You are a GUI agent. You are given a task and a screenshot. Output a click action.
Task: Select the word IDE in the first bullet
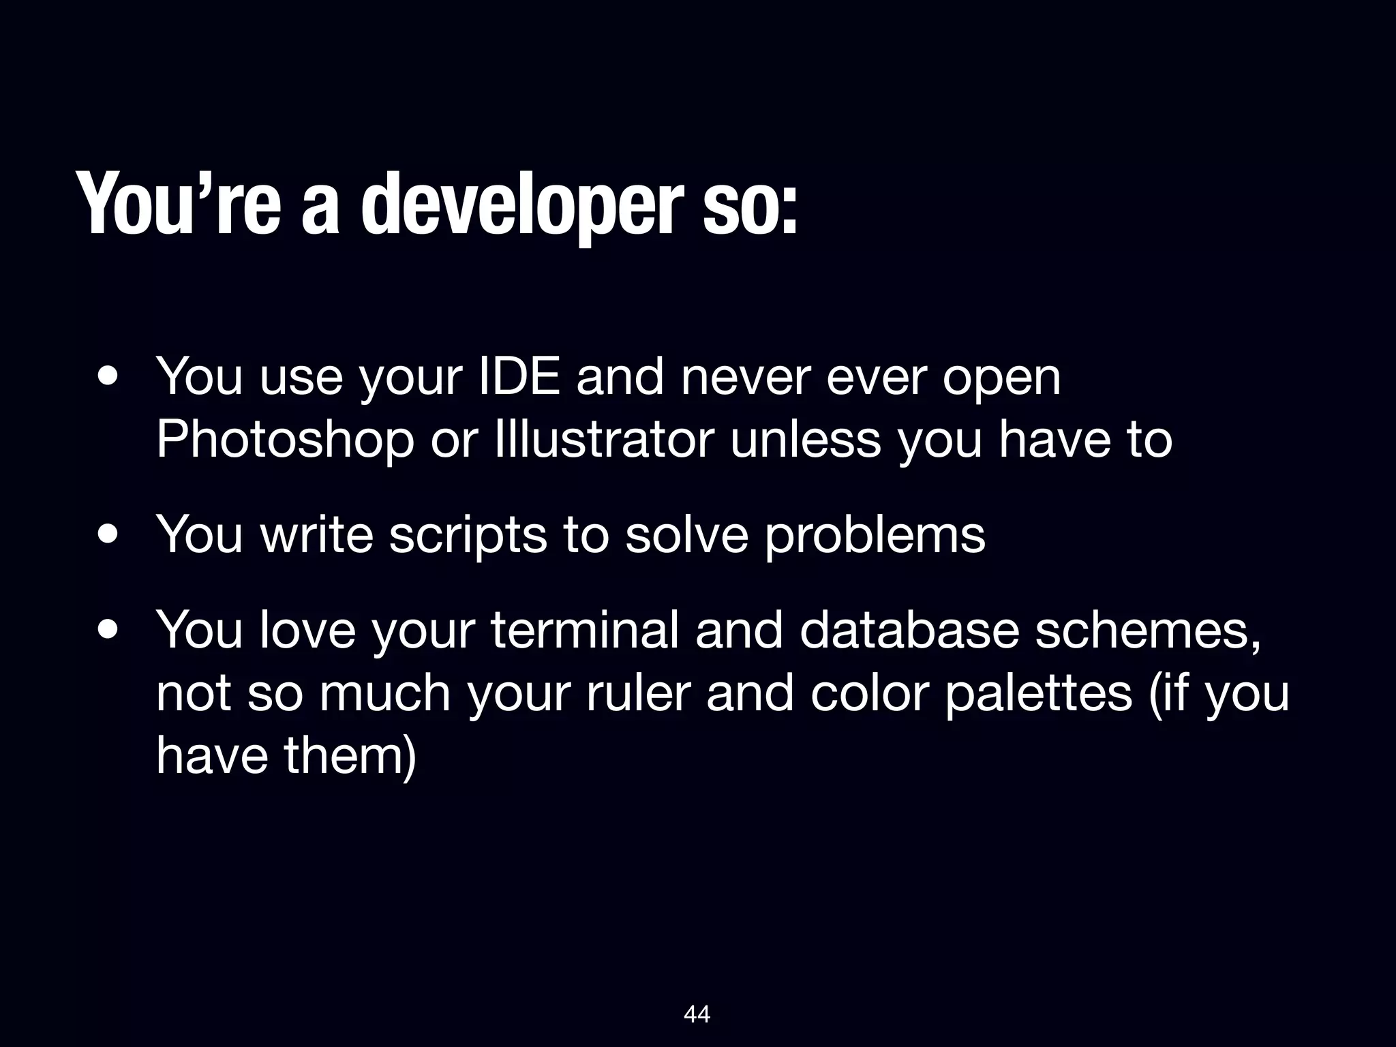(x=521, y=376)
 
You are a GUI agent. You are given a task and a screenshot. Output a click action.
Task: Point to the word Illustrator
(x=606, y=439)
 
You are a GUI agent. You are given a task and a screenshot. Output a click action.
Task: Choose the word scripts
(x=468, y=536)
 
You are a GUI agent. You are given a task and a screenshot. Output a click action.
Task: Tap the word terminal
(x=585, y=630)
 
